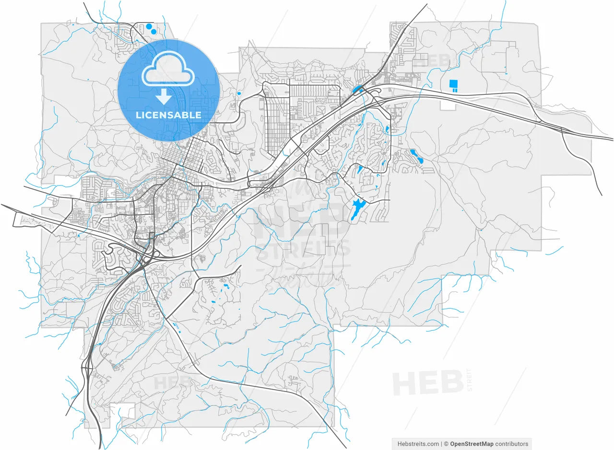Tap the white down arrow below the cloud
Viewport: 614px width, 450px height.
point(164,96)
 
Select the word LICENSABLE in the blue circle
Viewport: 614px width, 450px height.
point(168,115)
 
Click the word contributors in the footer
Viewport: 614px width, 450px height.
point(512,444)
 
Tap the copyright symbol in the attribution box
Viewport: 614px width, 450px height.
point(446,444)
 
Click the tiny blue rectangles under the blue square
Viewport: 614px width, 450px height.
point(453,90)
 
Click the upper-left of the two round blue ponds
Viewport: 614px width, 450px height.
point(149,27)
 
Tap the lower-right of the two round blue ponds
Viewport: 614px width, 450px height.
point(154,32)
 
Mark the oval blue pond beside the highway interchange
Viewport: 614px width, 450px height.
point(357,89)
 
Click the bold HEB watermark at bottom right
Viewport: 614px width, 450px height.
point(427,383)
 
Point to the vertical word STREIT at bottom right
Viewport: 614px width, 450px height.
point(469,380)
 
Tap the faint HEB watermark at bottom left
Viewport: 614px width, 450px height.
point(173,382)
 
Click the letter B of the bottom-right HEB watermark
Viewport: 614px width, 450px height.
point(451,383)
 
